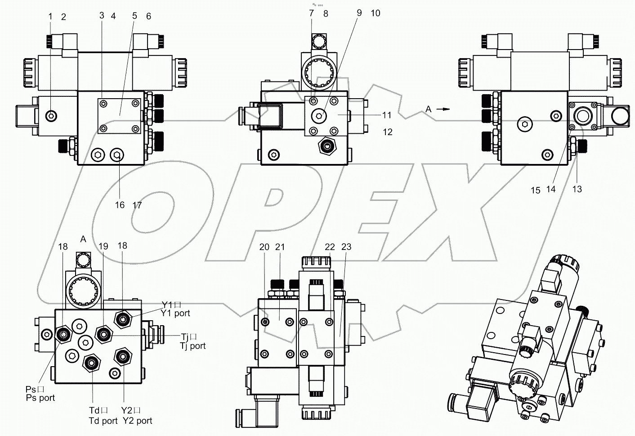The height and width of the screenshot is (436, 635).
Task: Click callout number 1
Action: [x=50, y=17]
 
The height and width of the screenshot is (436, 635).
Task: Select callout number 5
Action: [x=134, y=16]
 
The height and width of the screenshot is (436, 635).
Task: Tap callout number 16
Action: [x=120, y=205]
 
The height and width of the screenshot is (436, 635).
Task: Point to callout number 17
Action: [x=137, y=205]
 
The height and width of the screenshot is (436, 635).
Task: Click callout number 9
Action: [x=359, y=13]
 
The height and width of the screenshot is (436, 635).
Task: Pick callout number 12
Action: [x=387, y=132]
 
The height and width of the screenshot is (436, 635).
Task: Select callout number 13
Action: [x=577, y=189]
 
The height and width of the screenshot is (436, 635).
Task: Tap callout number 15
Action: [x=535, y=190]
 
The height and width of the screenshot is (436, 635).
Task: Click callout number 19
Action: [x=103, y=246]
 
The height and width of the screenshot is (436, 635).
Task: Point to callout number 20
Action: [x=264, y=247]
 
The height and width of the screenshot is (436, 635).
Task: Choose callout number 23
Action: [x=346, y=247]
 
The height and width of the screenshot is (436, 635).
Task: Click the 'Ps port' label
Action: [x=40, y=398]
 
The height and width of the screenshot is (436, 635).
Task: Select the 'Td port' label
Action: [x=103, y=421]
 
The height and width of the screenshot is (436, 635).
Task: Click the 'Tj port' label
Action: [x=193, y=345]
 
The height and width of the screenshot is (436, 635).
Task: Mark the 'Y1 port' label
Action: [x=175, y=313]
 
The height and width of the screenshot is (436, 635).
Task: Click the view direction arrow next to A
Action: [x=444, y=109]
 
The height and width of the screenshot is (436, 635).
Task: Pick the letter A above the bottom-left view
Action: [x=83, y=239]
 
